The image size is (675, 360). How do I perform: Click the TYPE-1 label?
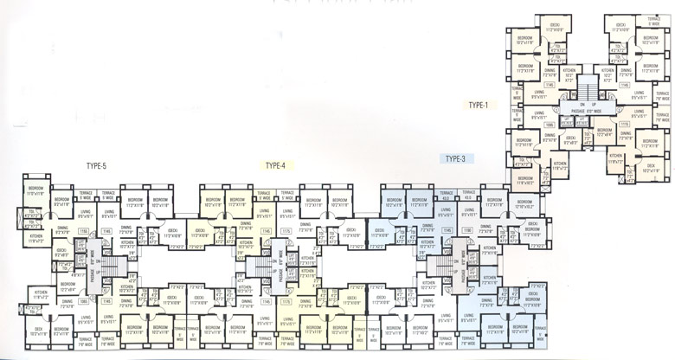coord(479,105)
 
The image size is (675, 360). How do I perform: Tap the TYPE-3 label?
coord(455,158)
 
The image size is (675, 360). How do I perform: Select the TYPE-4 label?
coord(275,164)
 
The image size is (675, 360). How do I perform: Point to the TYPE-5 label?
coord(96,165)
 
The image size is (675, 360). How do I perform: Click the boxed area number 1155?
coord(84,231)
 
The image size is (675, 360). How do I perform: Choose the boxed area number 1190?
coord(466,231)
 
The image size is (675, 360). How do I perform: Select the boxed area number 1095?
coord(548,124)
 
